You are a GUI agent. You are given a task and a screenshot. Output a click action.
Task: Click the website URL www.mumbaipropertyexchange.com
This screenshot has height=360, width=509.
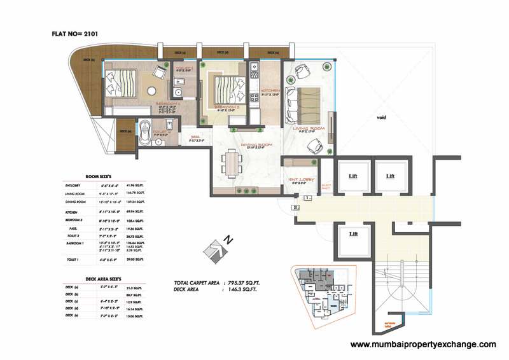point(423,345)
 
